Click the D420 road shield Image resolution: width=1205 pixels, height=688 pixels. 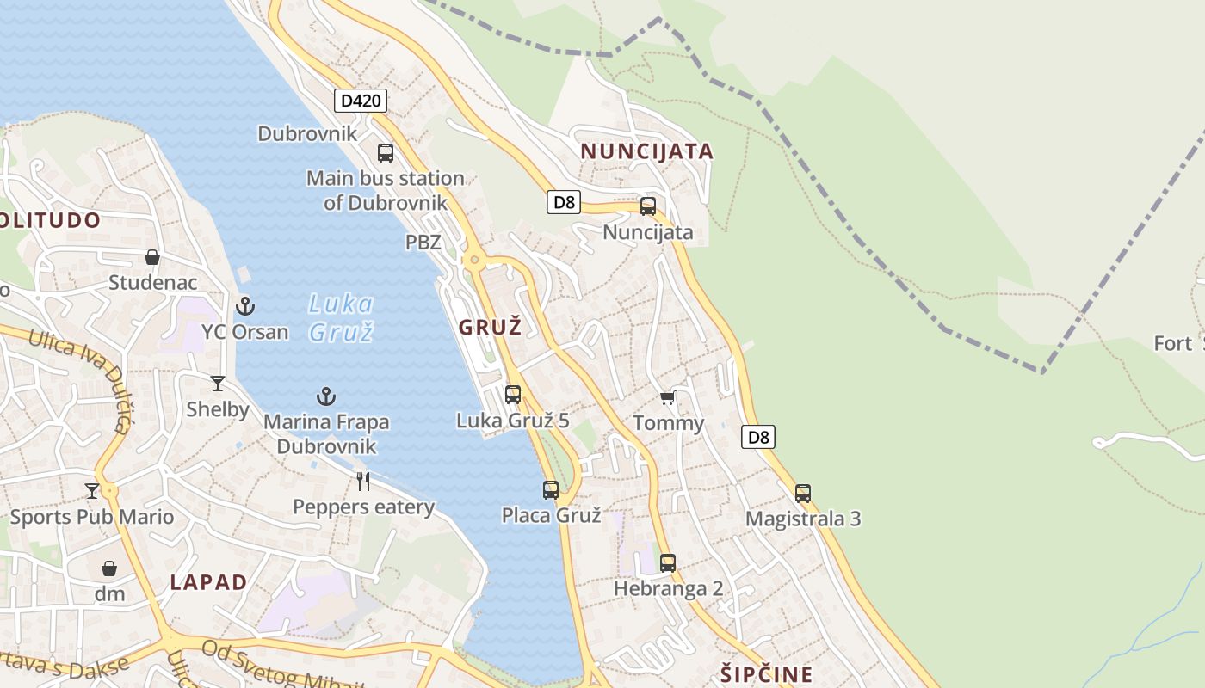tap(361, 101)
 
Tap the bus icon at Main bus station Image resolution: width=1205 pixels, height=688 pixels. tap(386, 153)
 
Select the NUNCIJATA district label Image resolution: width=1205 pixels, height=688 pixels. tap(646, 151)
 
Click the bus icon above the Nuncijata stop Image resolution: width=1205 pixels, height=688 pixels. tap(648, 206)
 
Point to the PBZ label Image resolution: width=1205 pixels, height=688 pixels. tap(423, 243)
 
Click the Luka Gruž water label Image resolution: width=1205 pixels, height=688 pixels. tap(341, 316)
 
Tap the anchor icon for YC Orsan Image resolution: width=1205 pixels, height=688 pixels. tap(245, 305)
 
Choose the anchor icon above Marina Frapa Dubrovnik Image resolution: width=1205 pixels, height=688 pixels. tap(325, 396)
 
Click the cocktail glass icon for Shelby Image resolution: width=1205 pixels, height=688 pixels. tap(218, 384)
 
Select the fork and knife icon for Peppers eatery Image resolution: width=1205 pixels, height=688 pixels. tap(363, 482)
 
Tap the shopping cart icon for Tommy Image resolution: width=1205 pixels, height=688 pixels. tap(667, 397)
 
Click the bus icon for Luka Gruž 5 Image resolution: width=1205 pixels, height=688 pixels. tap(513, 395)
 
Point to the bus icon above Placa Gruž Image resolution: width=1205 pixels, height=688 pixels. tap(551, 490)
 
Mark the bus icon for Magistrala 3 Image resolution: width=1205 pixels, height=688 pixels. tap(803, 494)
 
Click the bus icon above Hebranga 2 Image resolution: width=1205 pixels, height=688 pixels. tap(668, 563)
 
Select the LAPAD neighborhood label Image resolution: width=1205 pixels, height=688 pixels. tap(208, 582)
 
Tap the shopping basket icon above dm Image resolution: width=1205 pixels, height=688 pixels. tap(109, 568)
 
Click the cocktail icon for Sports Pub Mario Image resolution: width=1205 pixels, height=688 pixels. tap(92, 491)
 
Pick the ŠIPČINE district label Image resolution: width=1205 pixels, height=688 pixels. tap(765, 673)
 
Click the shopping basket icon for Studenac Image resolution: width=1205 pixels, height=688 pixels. tap(152, 257)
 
